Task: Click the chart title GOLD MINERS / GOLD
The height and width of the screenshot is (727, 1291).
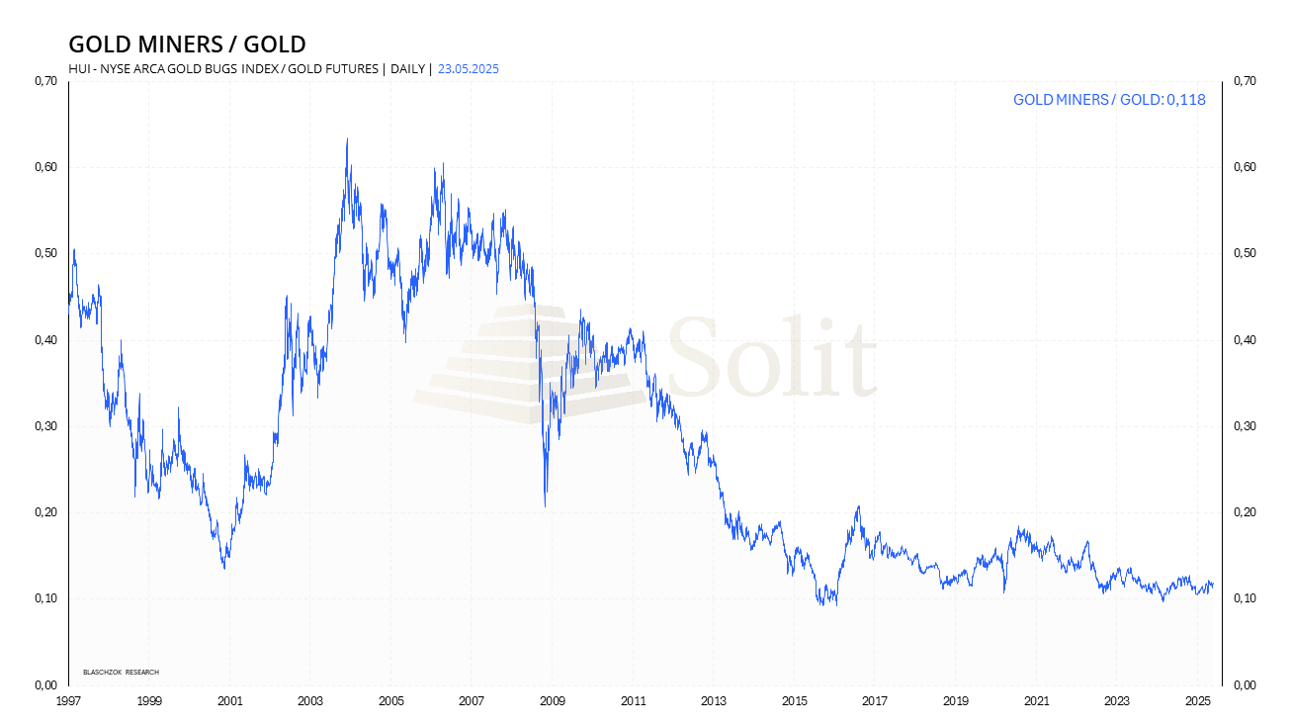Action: (187, 45)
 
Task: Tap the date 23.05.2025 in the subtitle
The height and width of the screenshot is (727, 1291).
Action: (471, 68)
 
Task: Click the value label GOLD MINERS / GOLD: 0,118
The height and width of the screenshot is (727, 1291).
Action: (1109, 100)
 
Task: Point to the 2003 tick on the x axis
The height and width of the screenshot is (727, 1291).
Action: (309, 701)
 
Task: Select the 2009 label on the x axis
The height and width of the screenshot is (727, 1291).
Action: (552, 701)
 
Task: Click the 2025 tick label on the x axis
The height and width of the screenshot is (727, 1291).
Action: (1197, 701)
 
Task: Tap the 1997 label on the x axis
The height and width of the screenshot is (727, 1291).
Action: (68, 701)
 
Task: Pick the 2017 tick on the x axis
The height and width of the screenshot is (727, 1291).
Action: (874, 701)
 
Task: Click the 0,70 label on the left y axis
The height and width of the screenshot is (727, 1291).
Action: (45, 81)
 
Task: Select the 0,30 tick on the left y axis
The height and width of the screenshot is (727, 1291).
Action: (45, 426)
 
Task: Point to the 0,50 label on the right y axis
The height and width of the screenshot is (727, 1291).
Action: (1244, 254)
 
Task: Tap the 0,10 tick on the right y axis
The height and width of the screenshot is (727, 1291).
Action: (1244, 598)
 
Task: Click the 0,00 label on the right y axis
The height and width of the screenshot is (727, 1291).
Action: (1244, 684)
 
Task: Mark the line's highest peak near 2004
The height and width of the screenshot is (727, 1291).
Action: (346, 139)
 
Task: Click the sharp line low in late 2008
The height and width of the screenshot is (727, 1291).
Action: (545, 506)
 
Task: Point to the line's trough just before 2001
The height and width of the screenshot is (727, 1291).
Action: (224, 568)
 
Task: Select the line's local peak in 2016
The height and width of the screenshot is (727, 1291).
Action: (858, 507)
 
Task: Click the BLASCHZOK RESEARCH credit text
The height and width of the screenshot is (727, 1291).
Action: (121, 673)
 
